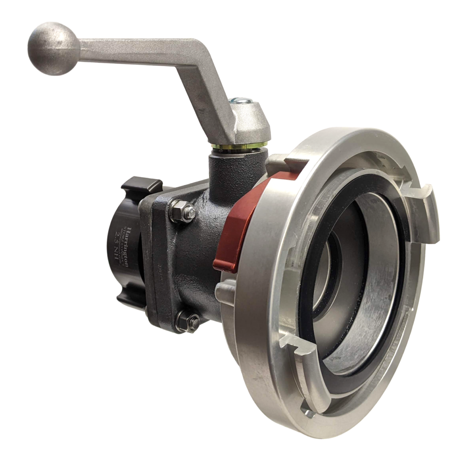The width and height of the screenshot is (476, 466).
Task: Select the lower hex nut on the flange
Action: (189, 320)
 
